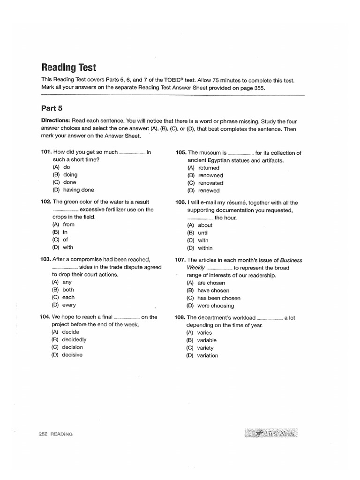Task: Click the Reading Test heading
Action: [x=69, y=67]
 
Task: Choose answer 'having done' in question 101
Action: [x=78, y=190]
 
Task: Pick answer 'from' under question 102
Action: [x=68, y=225]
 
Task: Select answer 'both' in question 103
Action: [x=68, y=290]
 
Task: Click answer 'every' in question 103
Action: [x=69, y=305]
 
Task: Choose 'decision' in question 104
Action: [x=72, y=347]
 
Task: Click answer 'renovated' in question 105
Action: [x=210, y=183]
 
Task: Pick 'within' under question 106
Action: [x=205, y=248]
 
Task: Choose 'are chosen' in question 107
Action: [x=211, y=283]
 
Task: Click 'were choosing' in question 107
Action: [x=216, y=306]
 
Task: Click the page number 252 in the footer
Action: [x=43, y=434]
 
